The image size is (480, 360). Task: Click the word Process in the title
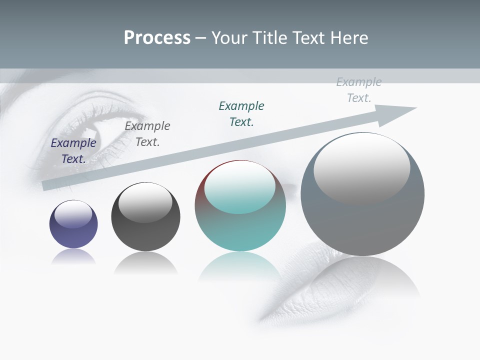click(x=157, y=38)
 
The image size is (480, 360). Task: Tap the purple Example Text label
click(x=73, y=151)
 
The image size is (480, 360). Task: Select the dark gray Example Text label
click(x=147, y=134)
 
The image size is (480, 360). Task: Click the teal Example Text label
click(x=241, y=114)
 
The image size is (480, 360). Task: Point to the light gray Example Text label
click(x=359, y=90)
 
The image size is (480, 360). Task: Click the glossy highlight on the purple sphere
click(x=73, y=214)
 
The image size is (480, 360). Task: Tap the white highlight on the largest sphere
click(x=362, y=167)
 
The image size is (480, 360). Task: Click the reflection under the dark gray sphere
click(x=145, y=263)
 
